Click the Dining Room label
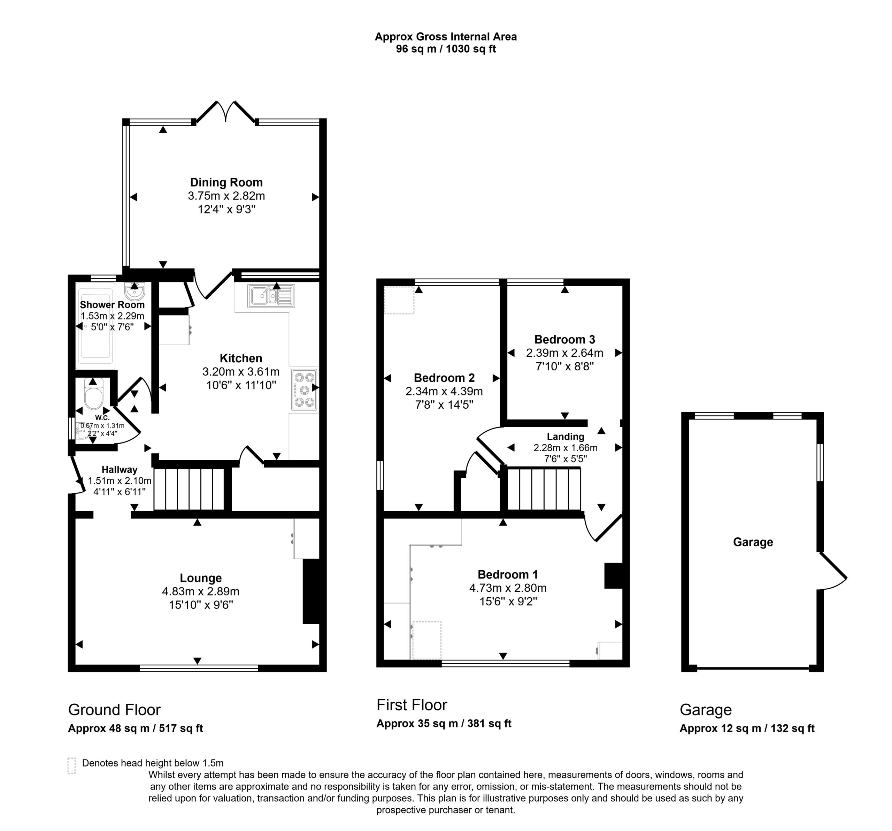226,182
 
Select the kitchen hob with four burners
305,390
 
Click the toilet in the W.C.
93,394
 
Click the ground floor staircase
189,489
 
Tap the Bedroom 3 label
564,339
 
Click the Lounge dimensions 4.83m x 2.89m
201,591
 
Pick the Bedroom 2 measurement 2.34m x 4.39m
444,391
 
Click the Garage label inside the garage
753,542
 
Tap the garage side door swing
834,571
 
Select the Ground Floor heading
114,710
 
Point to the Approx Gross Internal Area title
446,37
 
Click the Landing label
566,436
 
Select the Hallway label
120,470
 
